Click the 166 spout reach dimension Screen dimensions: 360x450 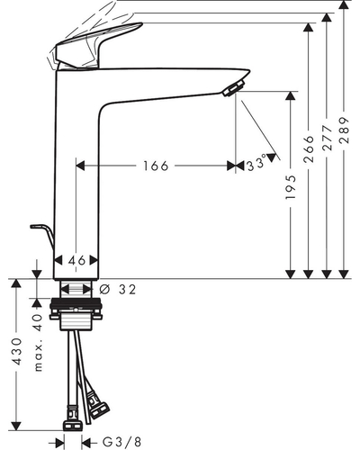(156, 166)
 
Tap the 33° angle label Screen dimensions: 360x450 (256, 164)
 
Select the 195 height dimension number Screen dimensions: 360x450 (291, 187)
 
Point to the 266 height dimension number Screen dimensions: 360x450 (309, 149)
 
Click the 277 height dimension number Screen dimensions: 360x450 (327, 138)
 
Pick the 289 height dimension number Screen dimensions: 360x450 (345, 130)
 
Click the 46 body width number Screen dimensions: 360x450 (76, 260)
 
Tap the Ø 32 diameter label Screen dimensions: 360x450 (117, 290)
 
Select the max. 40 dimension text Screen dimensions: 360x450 (38, 343)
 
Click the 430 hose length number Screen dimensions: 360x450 (17, 351)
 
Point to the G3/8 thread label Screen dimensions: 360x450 (121, 442)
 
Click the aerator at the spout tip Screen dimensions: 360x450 (234, 87)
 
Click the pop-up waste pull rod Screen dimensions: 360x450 (42, 234)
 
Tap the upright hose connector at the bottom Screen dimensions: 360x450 (73, 418)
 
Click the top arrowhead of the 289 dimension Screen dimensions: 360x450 (345, 4)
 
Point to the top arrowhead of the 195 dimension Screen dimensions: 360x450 (290, 95)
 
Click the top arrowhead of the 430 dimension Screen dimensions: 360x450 (16, 283)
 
